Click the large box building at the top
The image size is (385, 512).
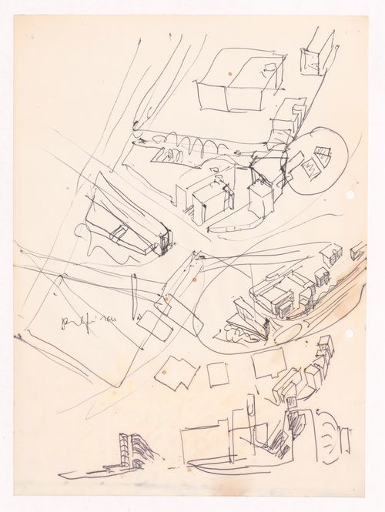coord(235,85)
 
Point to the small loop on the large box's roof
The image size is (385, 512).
coord(266,71)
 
